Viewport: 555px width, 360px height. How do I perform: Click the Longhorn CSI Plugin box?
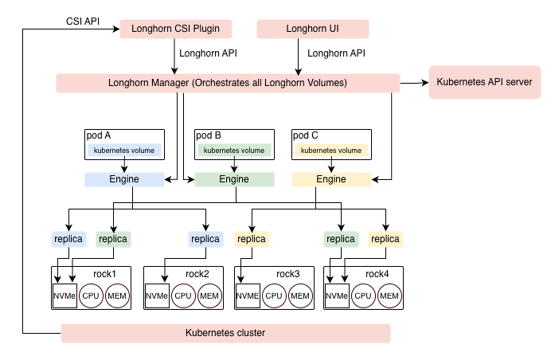[x=175, y=30]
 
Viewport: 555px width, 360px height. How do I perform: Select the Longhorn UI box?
[x=301, y=30]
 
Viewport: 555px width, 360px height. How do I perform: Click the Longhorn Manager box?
[x=228, y=83]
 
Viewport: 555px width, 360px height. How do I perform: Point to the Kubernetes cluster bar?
[x=225, y=333]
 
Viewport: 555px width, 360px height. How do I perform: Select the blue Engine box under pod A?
[x=123, y=179]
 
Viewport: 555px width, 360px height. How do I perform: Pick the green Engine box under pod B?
[x=233, y=179]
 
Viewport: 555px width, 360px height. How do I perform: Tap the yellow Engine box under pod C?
[x=330, y=179]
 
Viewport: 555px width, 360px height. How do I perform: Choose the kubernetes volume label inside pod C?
[x=331, y=150]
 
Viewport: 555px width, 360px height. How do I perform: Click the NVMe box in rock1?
[x=64, y=296]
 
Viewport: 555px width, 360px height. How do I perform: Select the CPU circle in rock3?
[x=275, y=296]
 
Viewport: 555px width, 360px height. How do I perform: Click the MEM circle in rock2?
[x=209, y=296]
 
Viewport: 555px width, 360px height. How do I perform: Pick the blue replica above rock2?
[x=205, y=238]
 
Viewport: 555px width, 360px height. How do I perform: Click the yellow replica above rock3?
[x=252, y=238]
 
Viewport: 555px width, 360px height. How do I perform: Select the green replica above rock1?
[x=112, y=238]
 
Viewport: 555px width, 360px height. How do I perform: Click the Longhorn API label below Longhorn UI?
[x=337, y=54]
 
